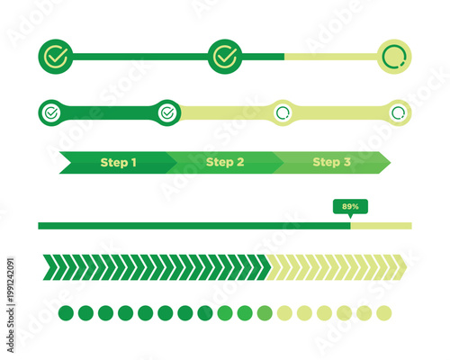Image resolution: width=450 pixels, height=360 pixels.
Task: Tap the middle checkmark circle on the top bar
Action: coord(225,57)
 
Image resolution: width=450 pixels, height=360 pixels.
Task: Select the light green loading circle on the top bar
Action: coord(394,57)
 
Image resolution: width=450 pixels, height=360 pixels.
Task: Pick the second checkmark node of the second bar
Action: coord(166,113)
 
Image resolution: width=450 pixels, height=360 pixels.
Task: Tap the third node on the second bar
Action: coord(283,113)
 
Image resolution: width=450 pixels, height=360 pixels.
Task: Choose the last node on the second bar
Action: coord(398,113)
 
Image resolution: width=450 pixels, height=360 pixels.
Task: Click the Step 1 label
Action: coord(118,163)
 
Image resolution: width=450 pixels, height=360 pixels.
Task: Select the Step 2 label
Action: coord(225,163)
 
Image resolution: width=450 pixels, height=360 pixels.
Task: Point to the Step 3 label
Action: coord(331,163)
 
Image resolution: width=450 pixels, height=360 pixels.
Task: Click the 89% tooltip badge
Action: coord(350,207)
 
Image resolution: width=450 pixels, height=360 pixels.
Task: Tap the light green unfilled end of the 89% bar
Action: coord(382,225)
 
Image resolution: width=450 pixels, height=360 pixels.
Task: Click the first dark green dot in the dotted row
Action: coord(67,313)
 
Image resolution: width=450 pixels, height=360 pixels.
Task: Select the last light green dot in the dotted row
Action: coord(384,313)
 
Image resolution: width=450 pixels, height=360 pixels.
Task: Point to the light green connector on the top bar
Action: coord(329,57)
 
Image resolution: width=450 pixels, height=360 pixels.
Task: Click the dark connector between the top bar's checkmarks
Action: coord(139,57)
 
